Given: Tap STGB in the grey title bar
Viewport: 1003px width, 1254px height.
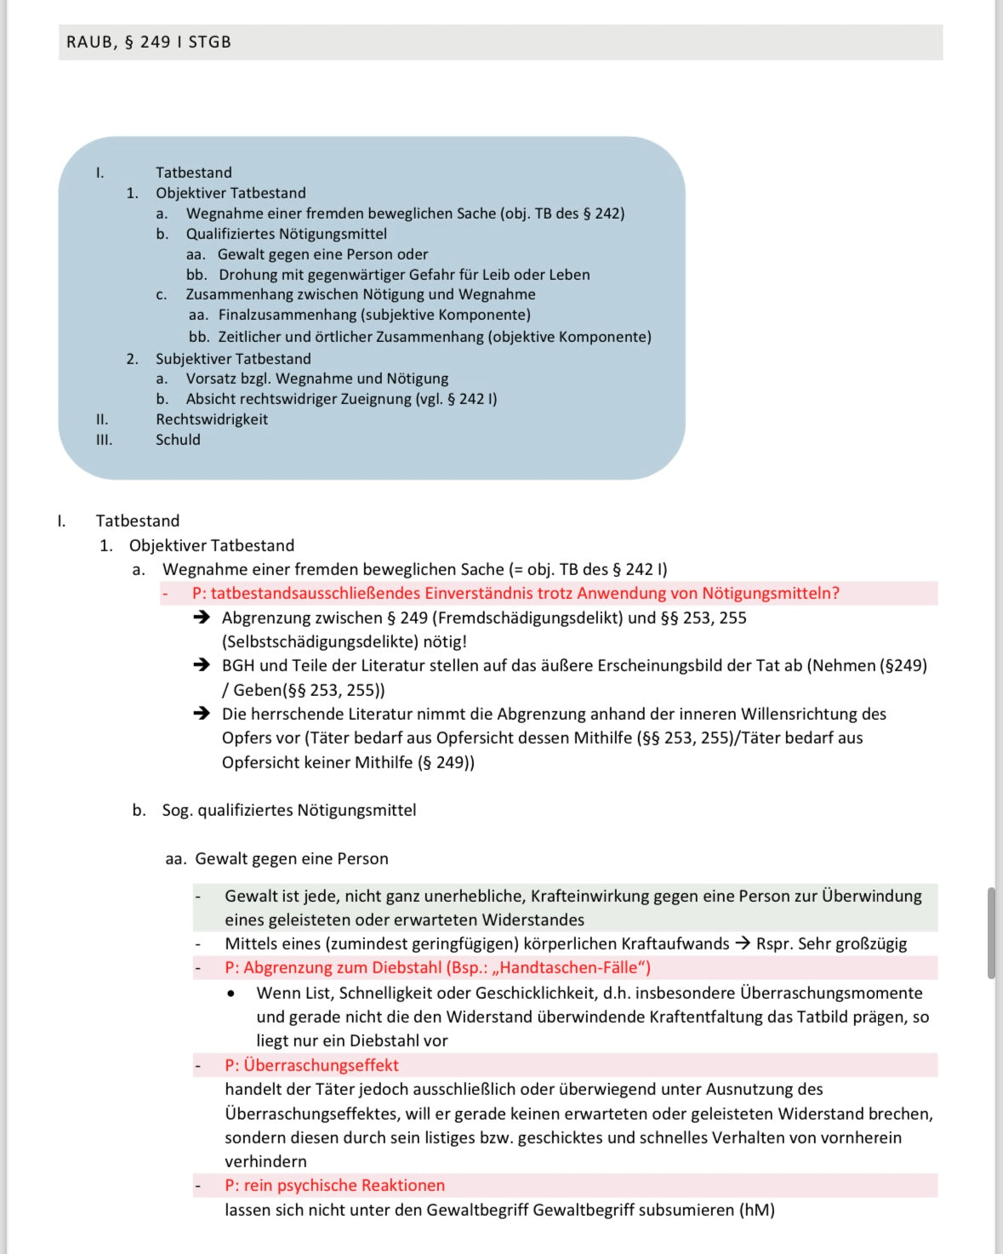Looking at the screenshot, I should tap(209, 42).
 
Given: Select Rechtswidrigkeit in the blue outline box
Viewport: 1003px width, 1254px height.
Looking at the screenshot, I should tap(211, 419).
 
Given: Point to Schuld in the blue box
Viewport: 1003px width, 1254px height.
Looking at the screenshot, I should tap(178, 440).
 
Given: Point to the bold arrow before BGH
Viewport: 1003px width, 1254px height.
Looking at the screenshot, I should tap(202, 665).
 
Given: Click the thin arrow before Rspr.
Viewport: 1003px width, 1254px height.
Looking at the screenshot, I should tap(743, 943).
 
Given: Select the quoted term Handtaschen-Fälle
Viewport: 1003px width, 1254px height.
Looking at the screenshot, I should tap(568, 967).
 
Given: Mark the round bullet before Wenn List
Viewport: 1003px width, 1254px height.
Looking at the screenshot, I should tap(231, 993).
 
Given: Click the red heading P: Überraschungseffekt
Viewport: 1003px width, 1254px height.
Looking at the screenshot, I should tap(311, 1065).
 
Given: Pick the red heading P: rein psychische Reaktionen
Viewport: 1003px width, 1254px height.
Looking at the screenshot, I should tap(334, 1185).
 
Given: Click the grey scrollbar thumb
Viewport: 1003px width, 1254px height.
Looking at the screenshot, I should tap(991, 932).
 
